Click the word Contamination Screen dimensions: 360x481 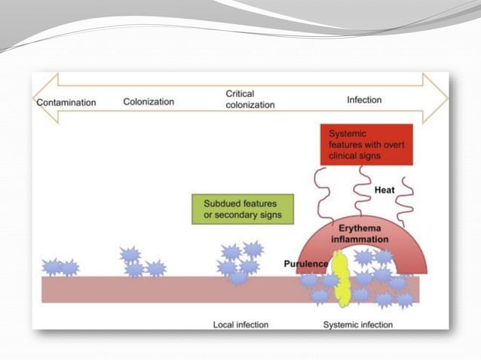coord(66,102)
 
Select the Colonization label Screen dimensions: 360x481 coord(149,102)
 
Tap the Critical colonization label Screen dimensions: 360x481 coord(250,99)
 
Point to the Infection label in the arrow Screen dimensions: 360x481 coord(364,99)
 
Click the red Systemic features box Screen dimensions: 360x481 coord(366,144)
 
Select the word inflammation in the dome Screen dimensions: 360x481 coord(360,239)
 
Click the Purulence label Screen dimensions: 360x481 coord(305,264)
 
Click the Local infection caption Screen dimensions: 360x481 coord(240,325)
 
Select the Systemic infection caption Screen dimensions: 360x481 coord(358,325)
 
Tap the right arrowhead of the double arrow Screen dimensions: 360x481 coord(437,99)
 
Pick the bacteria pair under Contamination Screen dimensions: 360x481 coord(60,267)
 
